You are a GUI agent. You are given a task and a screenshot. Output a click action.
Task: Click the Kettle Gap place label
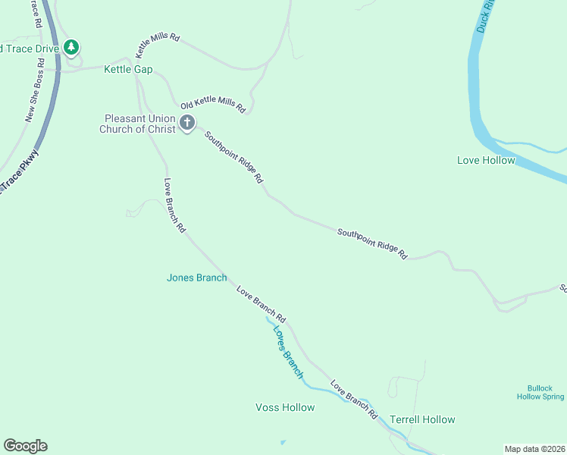128,70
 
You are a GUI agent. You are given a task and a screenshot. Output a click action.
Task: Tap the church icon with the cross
187,121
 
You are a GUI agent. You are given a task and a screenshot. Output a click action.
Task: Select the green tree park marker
71,48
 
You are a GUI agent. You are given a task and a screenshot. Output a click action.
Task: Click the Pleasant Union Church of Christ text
139,124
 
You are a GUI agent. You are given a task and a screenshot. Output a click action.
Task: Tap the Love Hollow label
486,160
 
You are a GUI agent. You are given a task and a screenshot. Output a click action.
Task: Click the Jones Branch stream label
196,278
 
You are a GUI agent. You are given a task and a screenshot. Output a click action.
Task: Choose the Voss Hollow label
285,407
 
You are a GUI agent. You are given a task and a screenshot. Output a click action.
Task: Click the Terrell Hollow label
422,419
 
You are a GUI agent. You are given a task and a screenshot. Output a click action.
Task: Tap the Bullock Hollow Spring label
540,392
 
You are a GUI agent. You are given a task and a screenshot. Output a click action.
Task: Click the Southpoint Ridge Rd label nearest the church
233,157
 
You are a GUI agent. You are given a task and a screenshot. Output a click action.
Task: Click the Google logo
25,446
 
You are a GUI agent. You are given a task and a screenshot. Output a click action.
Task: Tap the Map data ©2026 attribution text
534,448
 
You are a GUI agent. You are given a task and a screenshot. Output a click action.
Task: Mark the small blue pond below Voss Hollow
283,442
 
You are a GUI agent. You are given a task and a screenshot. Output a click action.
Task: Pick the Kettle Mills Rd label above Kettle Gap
158,45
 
